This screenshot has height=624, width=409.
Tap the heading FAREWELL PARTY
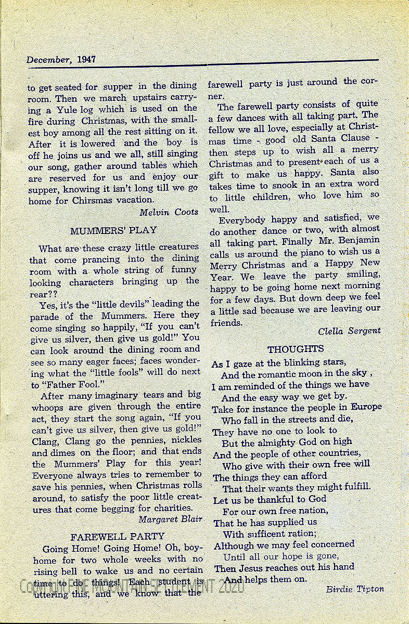pos(118,536)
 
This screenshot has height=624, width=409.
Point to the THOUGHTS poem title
pos(296,349)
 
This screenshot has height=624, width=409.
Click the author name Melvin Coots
pos(169,212)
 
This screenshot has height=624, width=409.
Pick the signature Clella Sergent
pos(350,330)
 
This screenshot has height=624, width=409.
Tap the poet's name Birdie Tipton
pos(355,589)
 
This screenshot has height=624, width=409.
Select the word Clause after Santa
pos(359,138)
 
